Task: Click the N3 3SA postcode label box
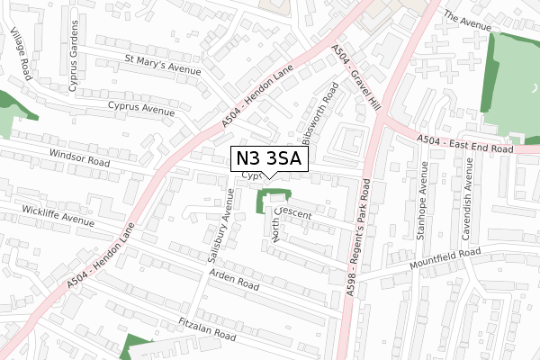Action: (270, 159)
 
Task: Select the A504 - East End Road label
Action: (466, 143)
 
